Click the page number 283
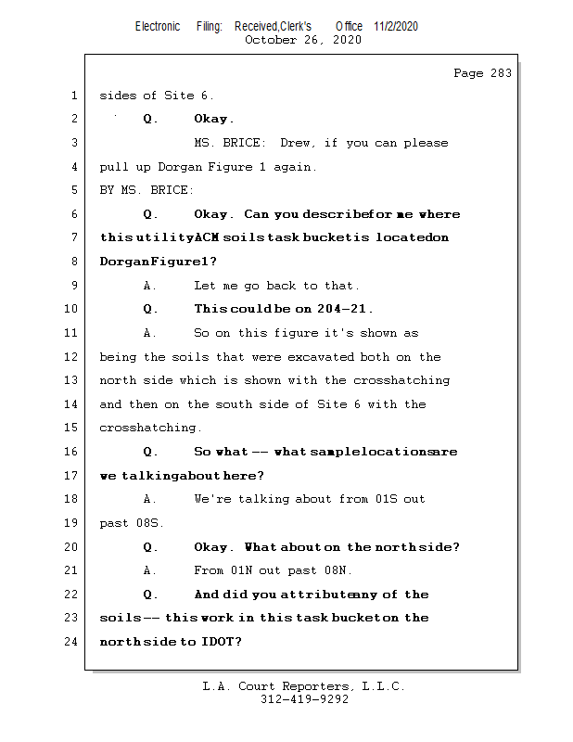(x=501, y=73)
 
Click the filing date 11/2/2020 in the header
(x=396, y=26)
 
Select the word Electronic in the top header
(x=158, y=26)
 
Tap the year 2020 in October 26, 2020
(x=347, y=40)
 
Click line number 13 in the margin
(x=70, y=380)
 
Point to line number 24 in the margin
(x=70, y=641)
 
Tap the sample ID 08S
(x=149, y=523)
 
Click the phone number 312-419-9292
(x=304, y=699)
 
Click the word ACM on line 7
(x=207, y=237)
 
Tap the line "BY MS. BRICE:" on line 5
(x=146, y=190)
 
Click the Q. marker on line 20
(x=150, y=547)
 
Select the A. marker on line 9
(x=150, y=286)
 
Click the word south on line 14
(x=234, y=404)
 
